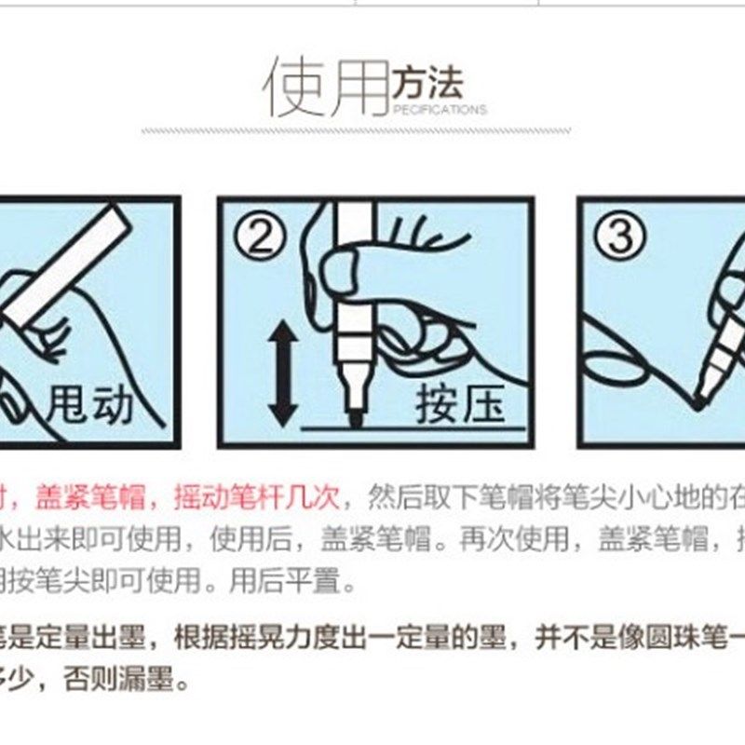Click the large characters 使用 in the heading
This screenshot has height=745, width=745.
[326, 86]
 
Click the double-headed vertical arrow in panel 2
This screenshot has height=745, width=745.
[282, 373]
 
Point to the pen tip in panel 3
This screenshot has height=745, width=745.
[697, 401]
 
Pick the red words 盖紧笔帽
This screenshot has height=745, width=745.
[90, 497]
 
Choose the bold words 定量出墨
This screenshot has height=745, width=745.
[104, 640]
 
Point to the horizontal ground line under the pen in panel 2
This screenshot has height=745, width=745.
[419, 429]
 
